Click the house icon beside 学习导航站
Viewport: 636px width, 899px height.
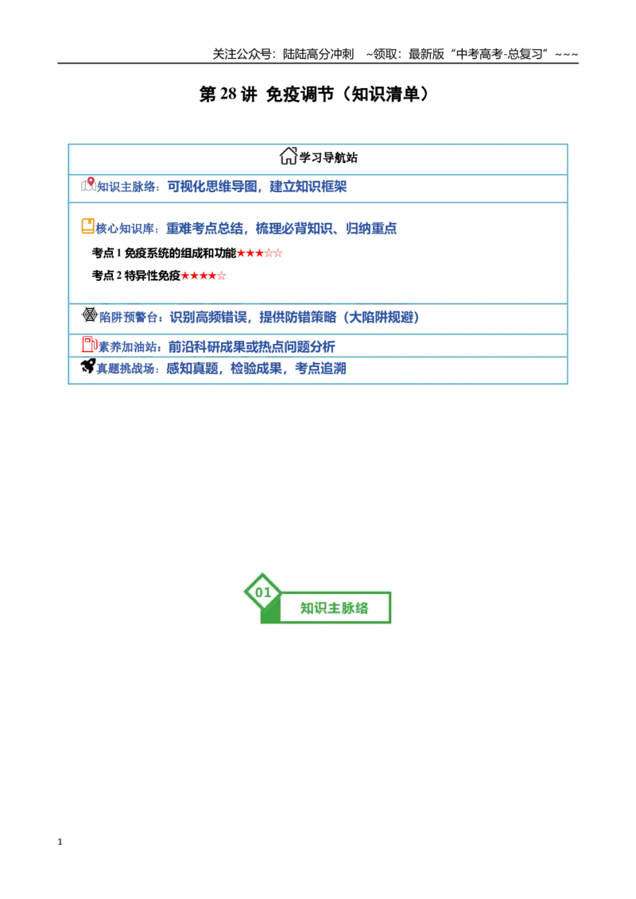click(288, 156)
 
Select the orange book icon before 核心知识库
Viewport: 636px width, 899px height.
click(87, 226)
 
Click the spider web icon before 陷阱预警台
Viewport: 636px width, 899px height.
click(90, 314)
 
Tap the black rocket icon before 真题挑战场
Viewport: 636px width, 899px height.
click(87, 366)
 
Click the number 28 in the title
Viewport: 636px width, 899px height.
click(228, 94)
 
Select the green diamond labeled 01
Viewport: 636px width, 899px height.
click(263, 592)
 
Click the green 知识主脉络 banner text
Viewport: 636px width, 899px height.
click(334, 608)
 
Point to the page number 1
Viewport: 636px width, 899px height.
click(60, 842)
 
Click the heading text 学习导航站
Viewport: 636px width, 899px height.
click(328, 158)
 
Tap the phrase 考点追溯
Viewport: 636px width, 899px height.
click(320, 368)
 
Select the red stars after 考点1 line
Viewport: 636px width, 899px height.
click(259, 253)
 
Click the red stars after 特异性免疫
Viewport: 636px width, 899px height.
click(204, 276)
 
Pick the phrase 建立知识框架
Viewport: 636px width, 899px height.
click(308, 187)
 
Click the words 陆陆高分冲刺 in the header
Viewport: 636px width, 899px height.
click(318, 55)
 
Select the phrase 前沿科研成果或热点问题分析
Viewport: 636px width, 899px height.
click(251, 347)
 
